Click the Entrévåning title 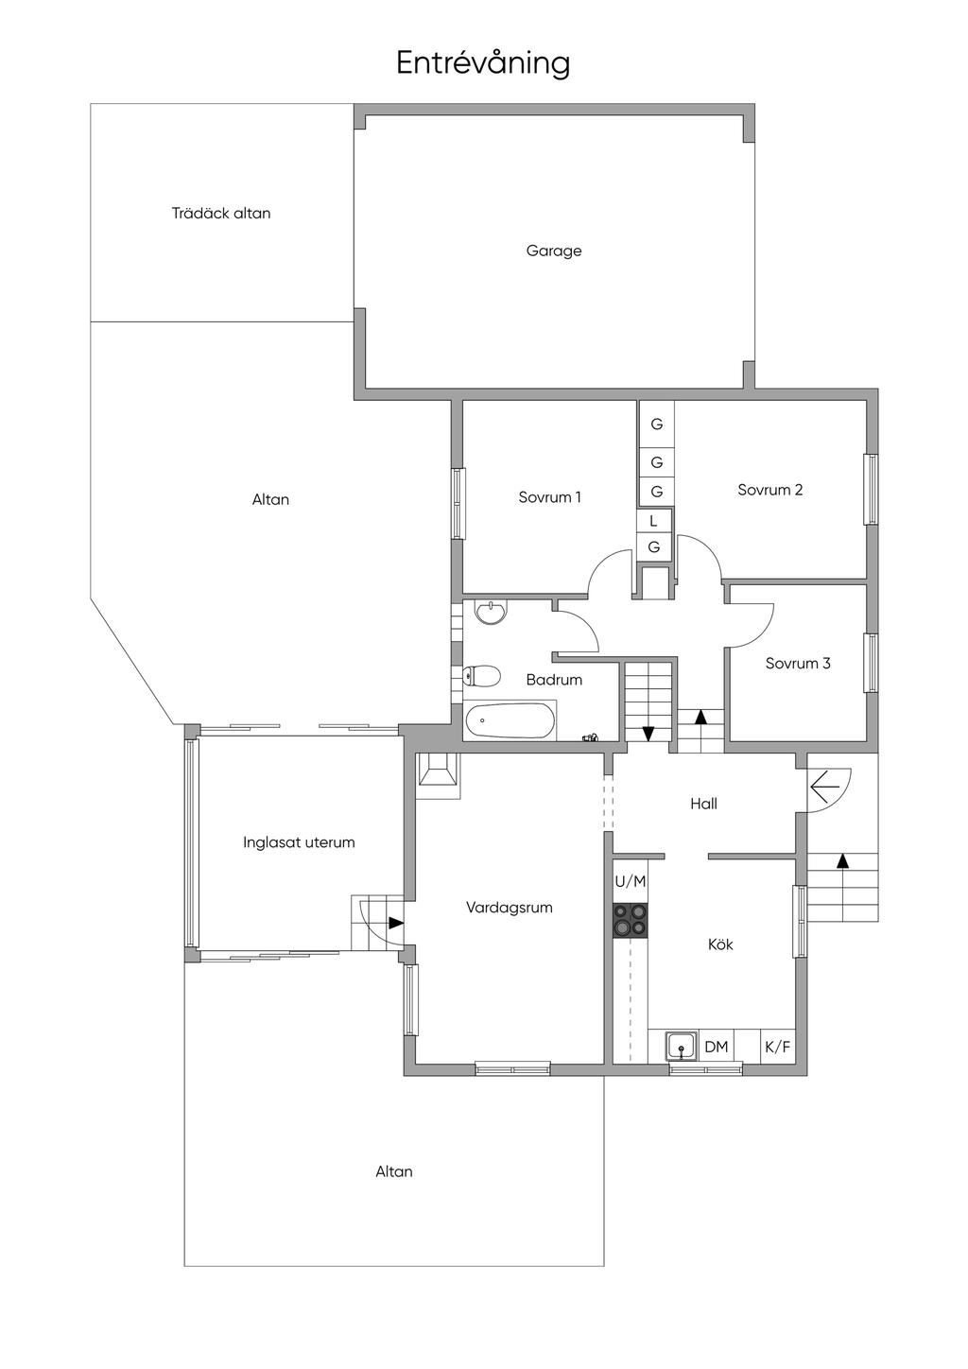(x=483, y=63)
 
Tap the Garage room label (x=554, y=251)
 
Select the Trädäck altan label (x=221, y=213)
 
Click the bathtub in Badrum (x=509, y=720)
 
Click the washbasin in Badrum (x=491, y=614)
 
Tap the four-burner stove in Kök (x=631, y=920)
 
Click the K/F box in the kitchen (x=777, y=1047)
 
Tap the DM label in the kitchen (x=717, y=1047)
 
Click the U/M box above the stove (x=631, y=881)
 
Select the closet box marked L (x=654, y=521)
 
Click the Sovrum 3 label (x=798, y=663)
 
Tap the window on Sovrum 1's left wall (x=458, y=502)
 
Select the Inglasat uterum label (x=299, y=842)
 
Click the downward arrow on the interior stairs (x=648, y=733)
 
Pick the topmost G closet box (x=657, y=425)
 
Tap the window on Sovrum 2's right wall (x=871, y=489)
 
